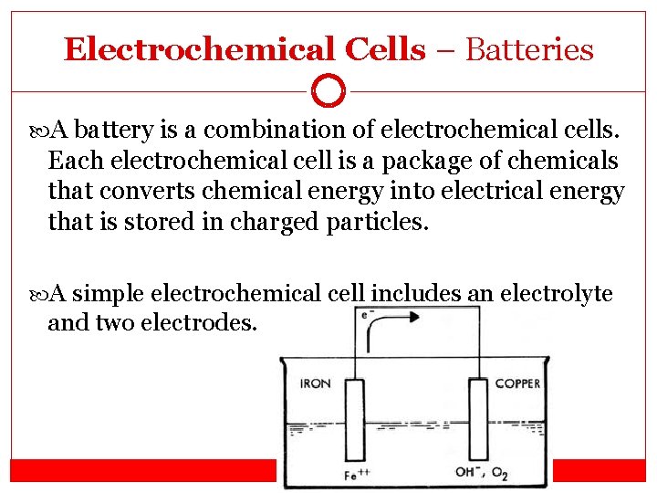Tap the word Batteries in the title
(x=529, y=49)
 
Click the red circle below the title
(x=328, y=90)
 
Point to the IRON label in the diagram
(x=316, y=384)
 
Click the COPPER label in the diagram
(x=517, y=384)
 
